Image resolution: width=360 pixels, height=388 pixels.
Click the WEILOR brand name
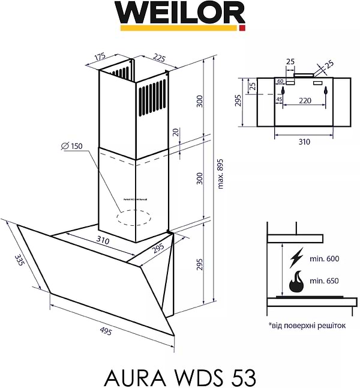click(x=180, y=13)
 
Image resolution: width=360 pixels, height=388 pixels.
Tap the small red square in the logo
click(x=242, y=28)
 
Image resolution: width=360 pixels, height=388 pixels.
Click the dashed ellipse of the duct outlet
click(x=134, y=217)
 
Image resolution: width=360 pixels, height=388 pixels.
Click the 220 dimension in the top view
click(x=305, y=100)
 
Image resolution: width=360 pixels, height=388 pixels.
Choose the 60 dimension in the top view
click(x=280, y=81)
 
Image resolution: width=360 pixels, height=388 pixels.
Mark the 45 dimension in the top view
click(x=279, y=99)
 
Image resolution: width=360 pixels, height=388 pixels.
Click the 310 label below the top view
click(x=304, y=142)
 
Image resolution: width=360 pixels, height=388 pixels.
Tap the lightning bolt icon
click(x=296, y=258)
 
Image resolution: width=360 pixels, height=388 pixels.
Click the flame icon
click(x=296, y=281)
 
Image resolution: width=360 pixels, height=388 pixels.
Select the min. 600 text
click(x=324, y=258)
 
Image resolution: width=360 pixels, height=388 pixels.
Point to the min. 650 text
click(x=324, y=280)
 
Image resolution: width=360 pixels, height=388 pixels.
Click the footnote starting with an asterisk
click(x=308, y=325)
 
